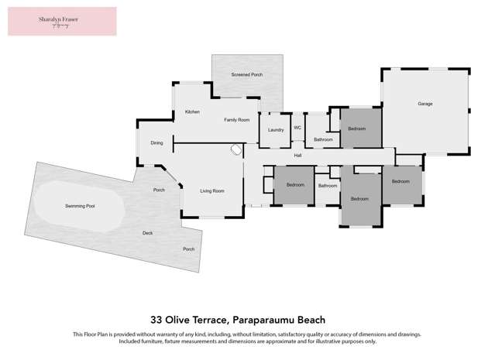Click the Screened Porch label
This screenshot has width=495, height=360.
pos(247,74)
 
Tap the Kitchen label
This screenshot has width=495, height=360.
pos(192,112)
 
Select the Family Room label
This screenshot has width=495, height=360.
pos(237,120)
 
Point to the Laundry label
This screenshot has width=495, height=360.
pos(276,129)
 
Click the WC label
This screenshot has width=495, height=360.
pos(297,128)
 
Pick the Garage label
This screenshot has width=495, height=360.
pos(425,104)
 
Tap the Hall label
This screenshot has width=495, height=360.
pos(297,156)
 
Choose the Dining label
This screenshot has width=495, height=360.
pos(156,142)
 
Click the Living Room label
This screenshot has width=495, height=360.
pos(211,190)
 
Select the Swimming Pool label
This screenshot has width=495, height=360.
pos(80,207)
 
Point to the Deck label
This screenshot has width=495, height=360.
pos(147,233)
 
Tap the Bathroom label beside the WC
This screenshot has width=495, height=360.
pos(323,139)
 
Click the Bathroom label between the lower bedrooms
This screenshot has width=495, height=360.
pos(328,186)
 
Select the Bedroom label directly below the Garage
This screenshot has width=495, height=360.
pos(400,181)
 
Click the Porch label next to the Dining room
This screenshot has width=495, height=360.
pos(159,190)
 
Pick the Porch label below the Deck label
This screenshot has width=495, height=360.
pos(188,249)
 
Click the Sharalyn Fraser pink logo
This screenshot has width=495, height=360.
pos(62,21)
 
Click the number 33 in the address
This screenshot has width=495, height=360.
pos(156,319)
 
